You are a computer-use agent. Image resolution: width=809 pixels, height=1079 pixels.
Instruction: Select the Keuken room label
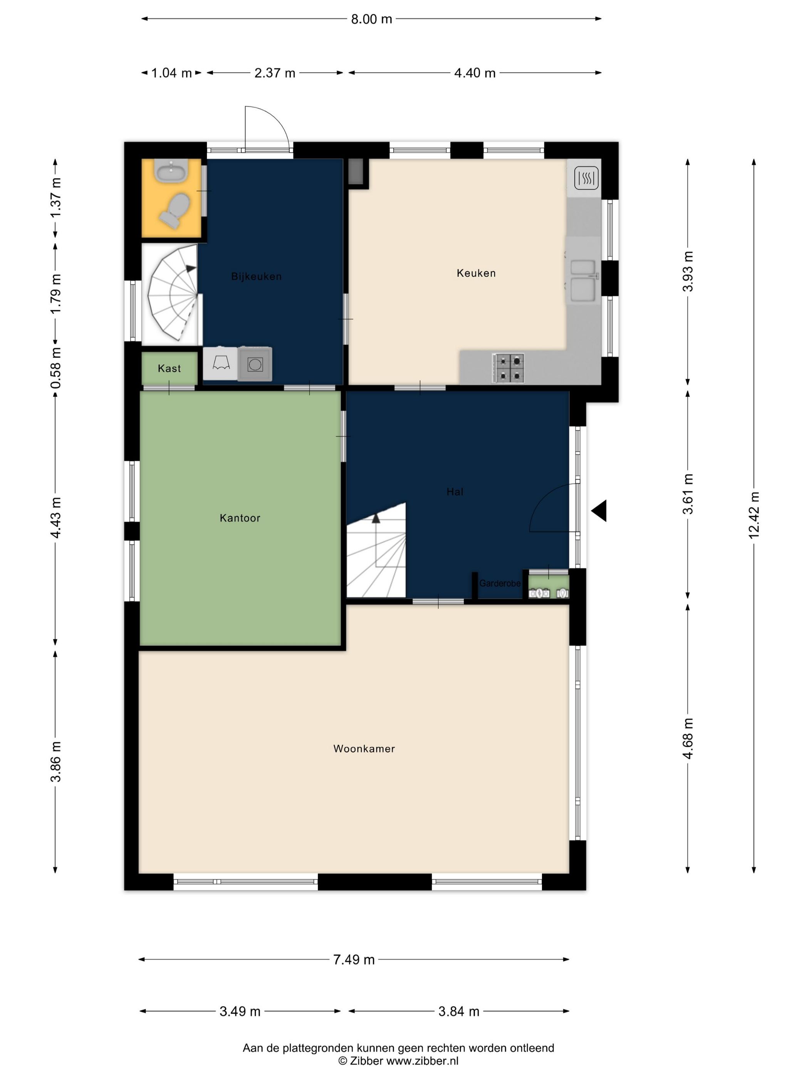coord(476,273)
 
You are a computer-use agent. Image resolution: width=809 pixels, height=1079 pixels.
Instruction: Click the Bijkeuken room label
coord(257,277)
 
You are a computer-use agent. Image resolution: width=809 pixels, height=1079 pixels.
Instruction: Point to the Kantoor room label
coord(240,518)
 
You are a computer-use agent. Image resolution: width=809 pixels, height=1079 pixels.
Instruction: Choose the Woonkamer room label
coord(364,749)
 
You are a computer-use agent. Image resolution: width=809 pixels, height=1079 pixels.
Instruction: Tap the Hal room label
coord(455,492)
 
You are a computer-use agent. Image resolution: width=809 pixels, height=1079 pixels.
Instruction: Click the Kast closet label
coord(169,369)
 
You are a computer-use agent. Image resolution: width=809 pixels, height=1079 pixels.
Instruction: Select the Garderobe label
coord(500,583)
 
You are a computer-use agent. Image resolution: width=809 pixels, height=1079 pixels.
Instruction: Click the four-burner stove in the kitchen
coord(509,368)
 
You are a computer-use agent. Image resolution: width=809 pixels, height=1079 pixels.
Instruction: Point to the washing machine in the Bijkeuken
coord(255,364)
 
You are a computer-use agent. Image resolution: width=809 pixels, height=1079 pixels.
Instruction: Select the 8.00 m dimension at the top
coord(372,19)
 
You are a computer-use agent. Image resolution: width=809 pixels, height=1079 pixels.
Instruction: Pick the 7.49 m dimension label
coord(354,960)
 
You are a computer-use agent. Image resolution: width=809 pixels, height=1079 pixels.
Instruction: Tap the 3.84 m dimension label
coord(459,1011)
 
